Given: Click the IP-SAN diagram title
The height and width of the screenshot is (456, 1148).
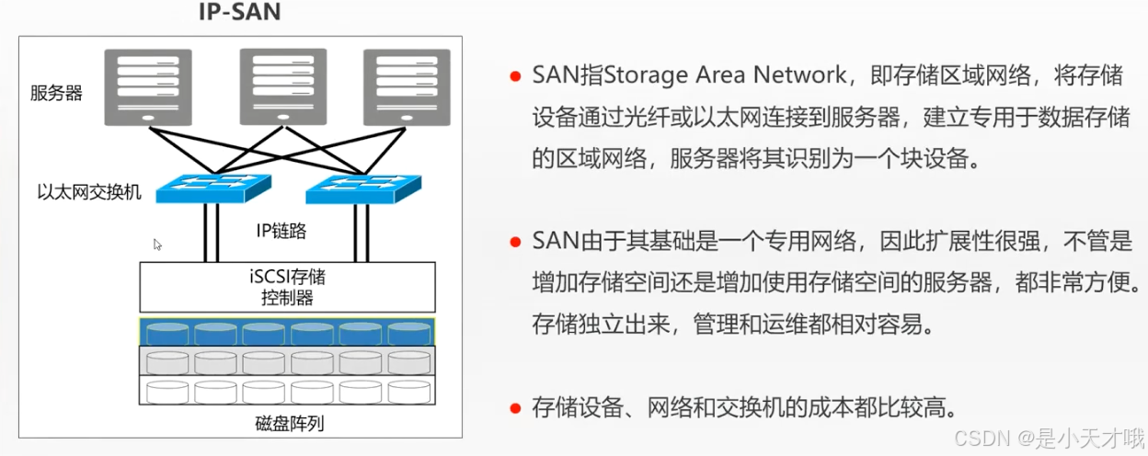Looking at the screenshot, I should click(x=241, y=13).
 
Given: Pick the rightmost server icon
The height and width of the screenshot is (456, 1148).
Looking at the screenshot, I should click(x=408, y=87).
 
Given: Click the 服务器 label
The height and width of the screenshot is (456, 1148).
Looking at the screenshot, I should click(x=56, y=93).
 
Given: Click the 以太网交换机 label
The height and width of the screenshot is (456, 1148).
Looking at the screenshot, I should click(x=89, y=193).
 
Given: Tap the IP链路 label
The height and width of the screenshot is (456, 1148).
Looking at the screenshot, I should click(x=281, y=231).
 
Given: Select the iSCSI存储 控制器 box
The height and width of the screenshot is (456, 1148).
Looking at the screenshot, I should click(x=286, y=286).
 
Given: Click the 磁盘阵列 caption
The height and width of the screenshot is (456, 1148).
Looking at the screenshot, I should click(x=289, y=424).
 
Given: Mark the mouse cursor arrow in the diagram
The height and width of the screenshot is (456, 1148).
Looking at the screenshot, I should click(x=157, y=245).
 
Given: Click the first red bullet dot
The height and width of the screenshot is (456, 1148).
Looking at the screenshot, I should click(x=516, y=75).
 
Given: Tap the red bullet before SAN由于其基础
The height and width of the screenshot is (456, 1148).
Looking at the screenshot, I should click(x=516, y=242).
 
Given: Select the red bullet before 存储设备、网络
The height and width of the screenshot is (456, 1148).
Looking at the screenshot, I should click(x=516, y=407).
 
